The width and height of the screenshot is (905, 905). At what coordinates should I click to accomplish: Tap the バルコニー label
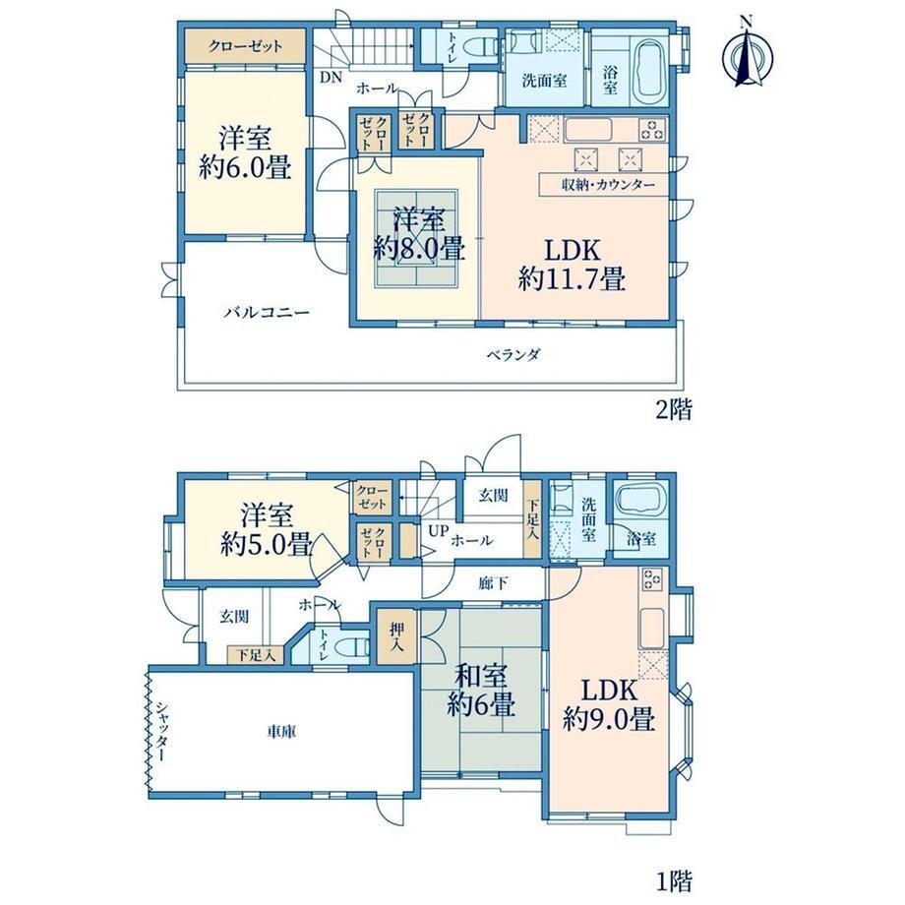pos(267,313)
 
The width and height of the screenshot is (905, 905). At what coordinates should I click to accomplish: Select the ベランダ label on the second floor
pos(513,354)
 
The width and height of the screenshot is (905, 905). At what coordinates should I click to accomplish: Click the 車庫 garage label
pos(281,732)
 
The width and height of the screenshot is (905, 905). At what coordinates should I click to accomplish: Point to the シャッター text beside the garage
pos(162,730)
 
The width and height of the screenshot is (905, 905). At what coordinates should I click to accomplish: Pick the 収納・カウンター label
pos(608,185)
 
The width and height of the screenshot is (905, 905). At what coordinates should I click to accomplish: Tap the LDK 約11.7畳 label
pos(572,265)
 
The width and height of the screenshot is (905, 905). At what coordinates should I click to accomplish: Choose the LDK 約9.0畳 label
pos(609,704)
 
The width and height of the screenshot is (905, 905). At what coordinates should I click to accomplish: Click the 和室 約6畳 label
pos(480,691)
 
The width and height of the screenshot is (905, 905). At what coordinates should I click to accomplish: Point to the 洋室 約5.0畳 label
pos(267,529)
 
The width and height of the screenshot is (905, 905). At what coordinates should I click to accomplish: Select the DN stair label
pos(331,78)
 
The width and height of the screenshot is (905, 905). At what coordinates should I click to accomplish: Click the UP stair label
pos(438,530)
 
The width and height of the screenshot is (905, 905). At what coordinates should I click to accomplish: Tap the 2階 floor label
pos(674,409)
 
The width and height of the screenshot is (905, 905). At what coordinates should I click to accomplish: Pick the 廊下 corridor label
pos(494,583)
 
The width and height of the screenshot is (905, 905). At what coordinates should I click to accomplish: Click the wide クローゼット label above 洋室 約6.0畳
pos(245,47)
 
